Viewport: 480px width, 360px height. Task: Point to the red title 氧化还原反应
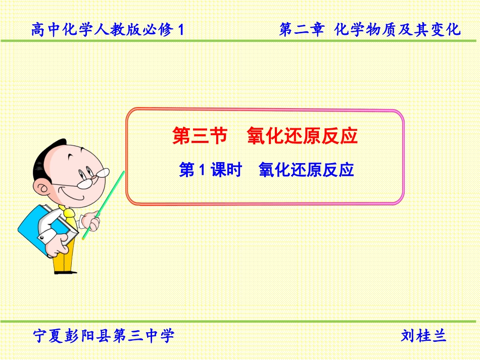click(x=302, y=137)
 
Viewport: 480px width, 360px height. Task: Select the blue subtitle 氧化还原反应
click(x=306, y=170)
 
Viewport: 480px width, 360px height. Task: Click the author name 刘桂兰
click(x=423, y=335)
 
